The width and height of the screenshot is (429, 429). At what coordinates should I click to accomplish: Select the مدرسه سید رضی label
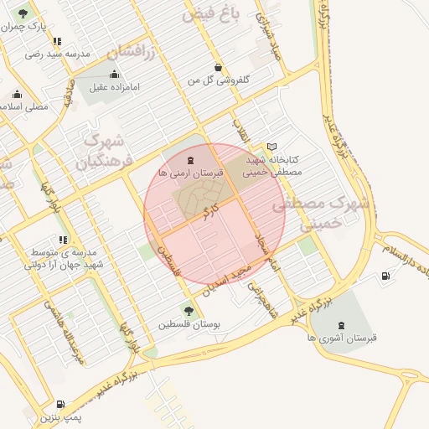pyautogui.click(x=55, y=54)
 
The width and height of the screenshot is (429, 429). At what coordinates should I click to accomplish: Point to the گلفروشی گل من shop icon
pyautogui.click(x=219, y=67)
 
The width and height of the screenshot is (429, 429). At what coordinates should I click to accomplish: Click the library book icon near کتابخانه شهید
pyautogui.click(x=271, y=146)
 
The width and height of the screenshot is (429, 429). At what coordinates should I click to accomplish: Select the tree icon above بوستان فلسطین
pyautogui.click(x=188, y=311)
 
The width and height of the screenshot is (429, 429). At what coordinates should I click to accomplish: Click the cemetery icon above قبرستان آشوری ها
pyautogui.click(x=339, y=324)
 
